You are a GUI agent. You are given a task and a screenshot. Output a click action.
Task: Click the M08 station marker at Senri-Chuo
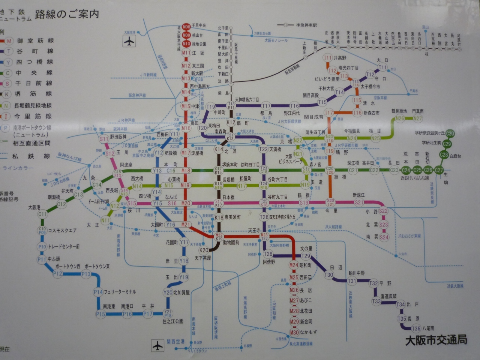(186, 26)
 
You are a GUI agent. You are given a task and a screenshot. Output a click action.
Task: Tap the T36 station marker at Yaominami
(416, 328)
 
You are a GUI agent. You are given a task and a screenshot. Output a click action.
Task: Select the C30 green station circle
(450, 133)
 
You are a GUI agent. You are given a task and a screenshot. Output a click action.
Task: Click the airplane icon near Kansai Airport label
(158, 345)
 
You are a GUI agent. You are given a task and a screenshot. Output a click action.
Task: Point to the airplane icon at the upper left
(129, 41)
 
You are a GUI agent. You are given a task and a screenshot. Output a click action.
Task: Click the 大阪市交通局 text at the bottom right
(436, 340)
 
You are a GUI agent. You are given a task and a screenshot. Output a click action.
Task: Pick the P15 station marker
(100, 314)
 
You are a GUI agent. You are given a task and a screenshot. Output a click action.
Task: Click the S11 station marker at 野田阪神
(104, 139)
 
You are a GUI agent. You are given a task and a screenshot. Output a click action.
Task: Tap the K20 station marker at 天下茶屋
(204, 250)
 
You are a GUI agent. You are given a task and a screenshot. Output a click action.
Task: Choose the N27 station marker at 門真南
(417, 118)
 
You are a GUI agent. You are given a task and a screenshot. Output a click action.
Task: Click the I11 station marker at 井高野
(328, 58)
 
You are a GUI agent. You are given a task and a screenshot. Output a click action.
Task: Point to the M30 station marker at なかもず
(294, 332)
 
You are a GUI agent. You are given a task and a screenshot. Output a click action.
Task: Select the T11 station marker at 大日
(382, 67)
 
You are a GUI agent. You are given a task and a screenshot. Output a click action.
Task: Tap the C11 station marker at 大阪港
(42, 214)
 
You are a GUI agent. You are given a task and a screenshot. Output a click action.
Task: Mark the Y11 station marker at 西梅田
(174, 134)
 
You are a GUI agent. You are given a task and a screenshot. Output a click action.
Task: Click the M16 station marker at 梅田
(186, 128)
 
